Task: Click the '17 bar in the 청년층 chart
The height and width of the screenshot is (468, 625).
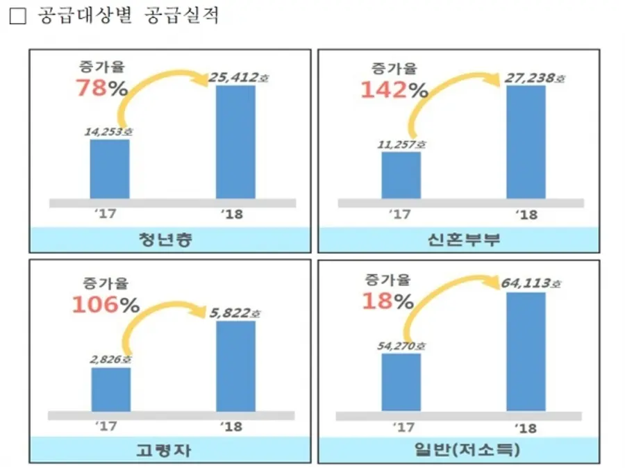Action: pyautogui.click(x=110, y=169)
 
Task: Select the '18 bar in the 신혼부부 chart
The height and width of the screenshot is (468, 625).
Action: pyautogui.click(x=526, y=142)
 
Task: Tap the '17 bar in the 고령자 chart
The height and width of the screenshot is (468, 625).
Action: pyautogui.click(x=110, y=390)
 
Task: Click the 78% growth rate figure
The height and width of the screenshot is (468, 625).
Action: pyautogui.click(x=100, y=89)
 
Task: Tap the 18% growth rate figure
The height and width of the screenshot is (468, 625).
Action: pyautogui.click(x=387, y=301)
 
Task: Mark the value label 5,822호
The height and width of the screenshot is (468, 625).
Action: pyautogui.click(x=235, y=313)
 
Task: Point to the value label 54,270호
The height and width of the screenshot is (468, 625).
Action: pyautogui.click(x=402, y=345)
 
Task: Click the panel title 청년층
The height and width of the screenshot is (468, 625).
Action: pyautogui.click(x=170, y=240)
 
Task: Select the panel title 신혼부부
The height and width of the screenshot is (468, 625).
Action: pyautogui.click(x=460, y=240)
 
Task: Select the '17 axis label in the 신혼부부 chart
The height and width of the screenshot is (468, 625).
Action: pyautogui.click(x=400, y=215)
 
